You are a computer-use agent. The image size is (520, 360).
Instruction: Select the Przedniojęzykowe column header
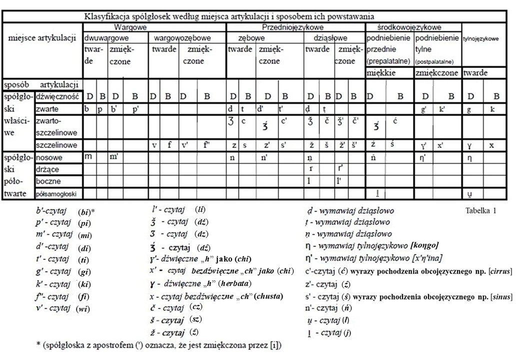[293, 27]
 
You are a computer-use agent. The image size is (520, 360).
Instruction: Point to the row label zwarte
[45, 108]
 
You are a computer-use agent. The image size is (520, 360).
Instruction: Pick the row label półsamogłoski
[57, 193]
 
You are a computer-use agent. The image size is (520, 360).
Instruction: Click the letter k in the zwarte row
[492, 108]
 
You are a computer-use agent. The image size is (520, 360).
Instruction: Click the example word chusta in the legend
[269, 296]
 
